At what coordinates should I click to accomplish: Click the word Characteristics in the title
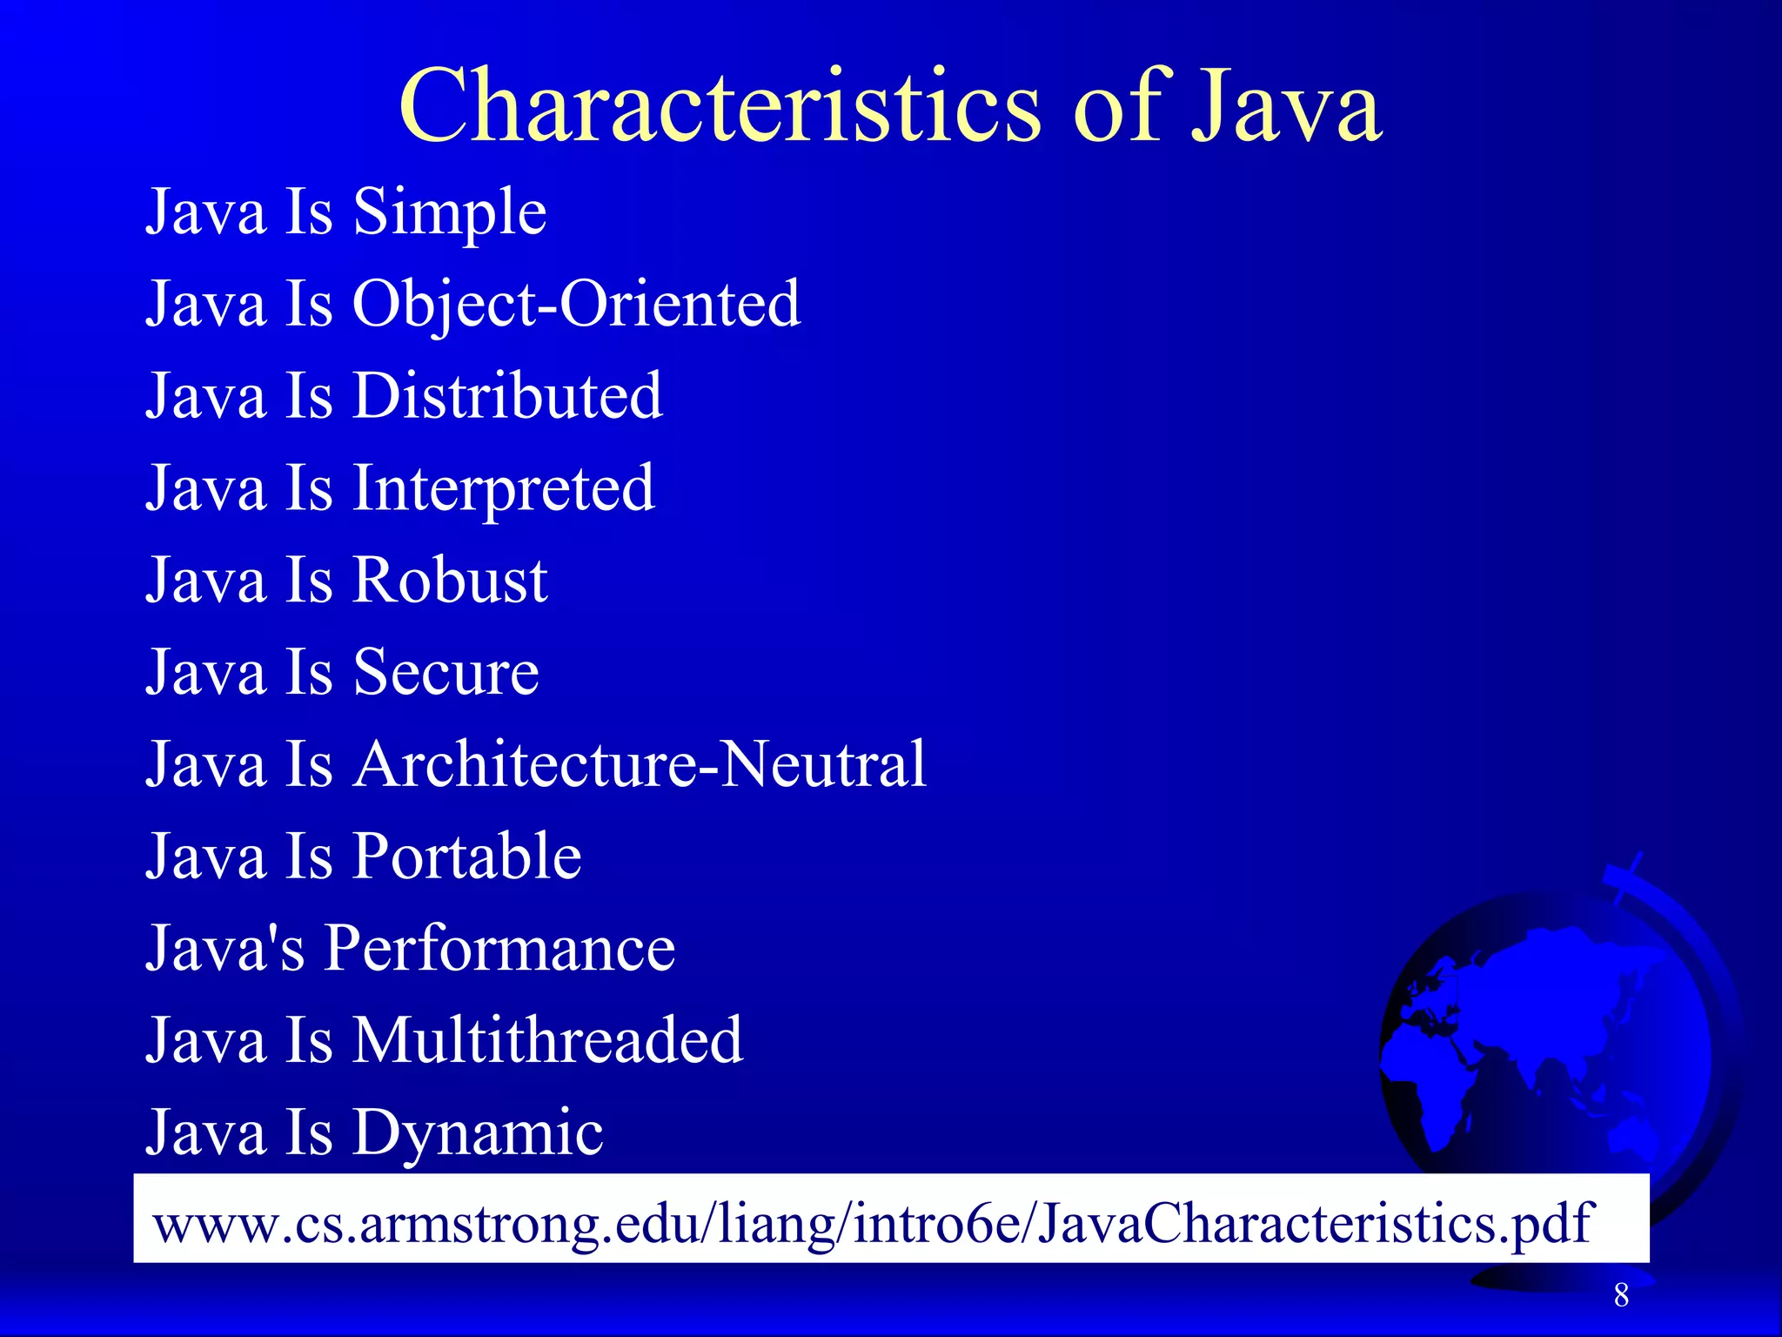point(719,106)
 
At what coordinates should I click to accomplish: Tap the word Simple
point(449,212)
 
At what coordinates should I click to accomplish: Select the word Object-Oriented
point(575,305)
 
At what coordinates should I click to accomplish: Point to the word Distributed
point(507,397)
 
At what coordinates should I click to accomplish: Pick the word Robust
point(449,581)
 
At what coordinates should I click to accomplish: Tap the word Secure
point(445,673)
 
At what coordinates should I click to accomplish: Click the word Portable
point(466,857)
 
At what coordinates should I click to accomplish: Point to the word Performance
point(499,949)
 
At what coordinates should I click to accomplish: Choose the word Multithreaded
point(547,1041)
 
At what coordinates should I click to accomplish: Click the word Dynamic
point(477,1133)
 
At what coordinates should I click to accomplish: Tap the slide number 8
point(1621,1295)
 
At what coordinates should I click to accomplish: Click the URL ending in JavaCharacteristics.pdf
point(872,1222)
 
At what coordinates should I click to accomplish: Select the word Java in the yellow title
point(1285,106)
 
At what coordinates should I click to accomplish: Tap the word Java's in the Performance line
point(225,949)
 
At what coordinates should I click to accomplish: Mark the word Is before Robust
point(309,581)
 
